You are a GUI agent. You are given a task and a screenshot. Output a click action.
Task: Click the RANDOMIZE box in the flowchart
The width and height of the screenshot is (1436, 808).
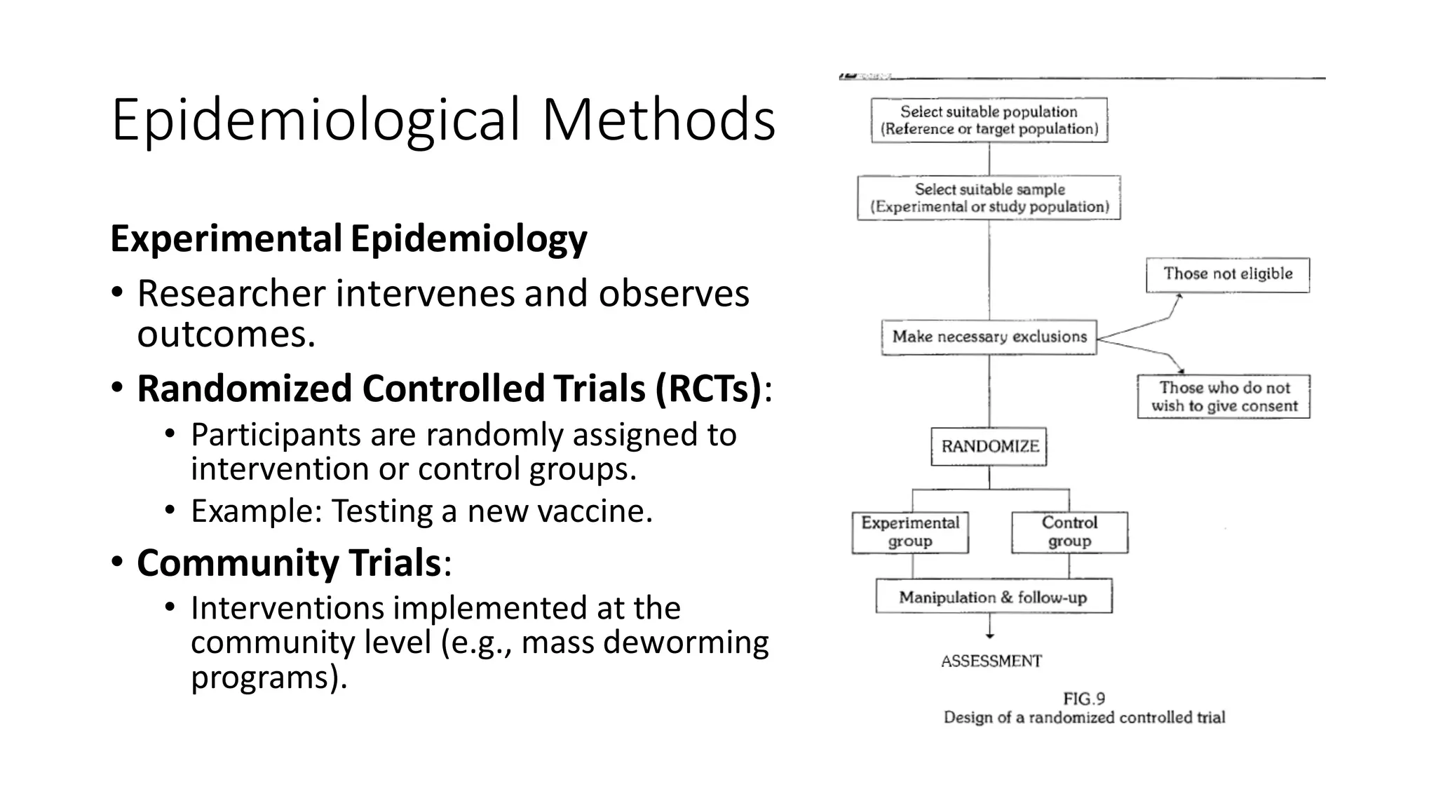[989, 447]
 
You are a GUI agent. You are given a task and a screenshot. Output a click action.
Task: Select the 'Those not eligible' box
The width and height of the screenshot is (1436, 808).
[1227, 274]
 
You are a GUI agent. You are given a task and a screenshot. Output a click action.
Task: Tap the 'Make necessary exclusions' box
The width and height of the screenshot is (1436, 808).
[989, 337]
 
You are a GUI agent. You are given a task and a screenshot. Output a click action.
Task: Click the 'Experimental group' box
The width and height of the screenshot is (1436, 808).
[910, 532]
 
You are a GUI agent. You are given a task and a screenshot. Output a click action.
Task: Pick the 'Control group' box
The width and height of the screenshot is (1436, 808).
[1069, 532]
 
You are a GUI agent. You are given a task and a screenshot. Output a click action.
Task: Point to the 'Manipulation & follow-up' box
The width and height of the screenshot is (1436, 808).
[993, 597]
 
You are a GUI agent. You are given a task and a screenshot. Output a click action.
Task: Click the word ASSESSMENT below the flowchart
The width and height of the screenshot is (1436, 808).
[991, 661]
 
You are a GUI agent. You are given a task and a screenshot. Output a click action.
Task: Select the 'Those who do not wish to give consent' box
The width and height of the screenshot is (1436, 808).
[1224, 397]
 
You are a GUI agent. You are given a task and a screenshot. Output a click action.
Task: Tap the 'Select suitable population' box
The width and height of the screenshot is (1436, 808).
[989, 121]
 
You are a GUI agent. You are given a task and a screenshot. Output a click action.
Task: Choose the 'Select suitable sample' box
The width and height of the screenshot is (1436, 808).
[989, 198]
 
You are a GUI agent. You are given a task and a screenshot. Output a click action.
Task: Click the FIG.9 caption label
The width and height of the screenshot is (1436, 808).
[1084, 699]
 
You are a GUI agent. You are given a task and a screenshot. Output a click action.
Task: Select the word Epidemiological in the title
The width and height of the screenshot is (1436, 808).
[316, 120]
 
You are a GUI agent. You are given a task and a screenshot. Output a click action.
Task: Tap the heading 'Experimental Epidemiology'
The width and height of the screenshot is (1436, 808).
[348, 239]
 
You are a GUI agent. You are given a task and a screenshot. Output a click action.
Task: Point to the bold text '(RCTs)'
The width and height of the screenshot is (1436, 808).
[708, 389]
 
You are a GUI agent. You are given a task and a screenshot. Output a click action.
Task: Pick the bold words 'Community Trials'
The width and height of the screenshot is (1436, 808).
[288, 563]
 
